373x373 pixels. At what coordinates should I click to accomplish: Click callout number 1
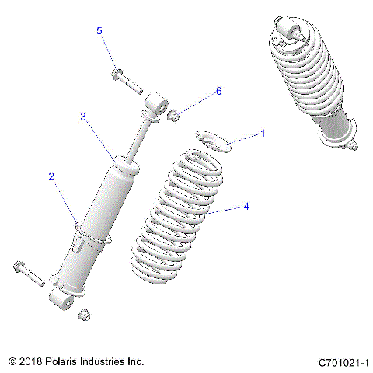pos(263,134)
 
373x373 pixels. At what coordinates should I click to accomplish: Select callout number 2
pos(51,176)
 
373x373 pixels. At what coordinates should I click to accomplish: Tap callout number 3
pos(82,117)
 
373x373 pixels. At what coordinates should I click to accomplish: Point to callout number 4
pos(246,207)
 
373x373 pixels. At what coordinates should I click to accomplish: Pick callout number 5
pos(99,30)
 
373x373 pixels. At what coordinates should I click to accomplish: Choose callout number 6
pos(218,91)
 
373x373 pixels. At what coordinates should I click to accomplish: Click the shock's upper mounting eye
pos(158,104)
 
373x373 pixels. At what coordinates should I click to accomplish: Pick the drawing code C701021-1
pos(343,362)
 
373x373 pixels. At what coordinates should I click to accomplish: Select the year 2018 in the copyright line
pos(33,362)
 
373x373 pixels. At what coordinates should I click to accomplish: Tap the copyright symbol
pos(12,362)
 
